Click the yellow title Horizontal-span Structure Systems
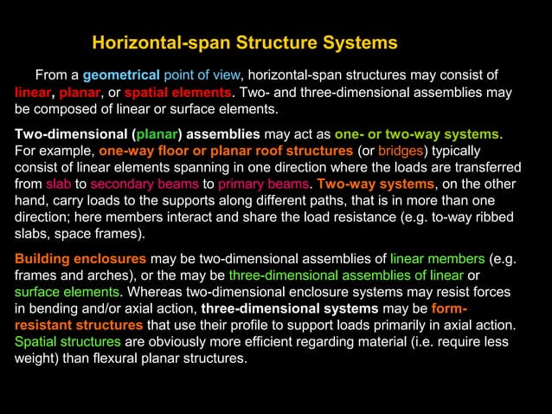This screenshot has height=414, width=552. (x=244, y=42)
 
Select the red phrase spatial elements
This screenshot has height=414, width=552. (x=178, y=92)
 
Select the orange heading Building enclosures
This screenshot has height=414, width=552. (x=80, y=259)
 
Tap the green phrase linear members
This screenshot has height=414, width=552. (x=436, y=259)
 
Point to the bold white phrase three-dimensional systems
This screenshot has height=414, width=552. (x=289, y=308)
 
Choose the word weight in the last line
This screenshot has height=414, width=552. (x=35, y=359)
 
